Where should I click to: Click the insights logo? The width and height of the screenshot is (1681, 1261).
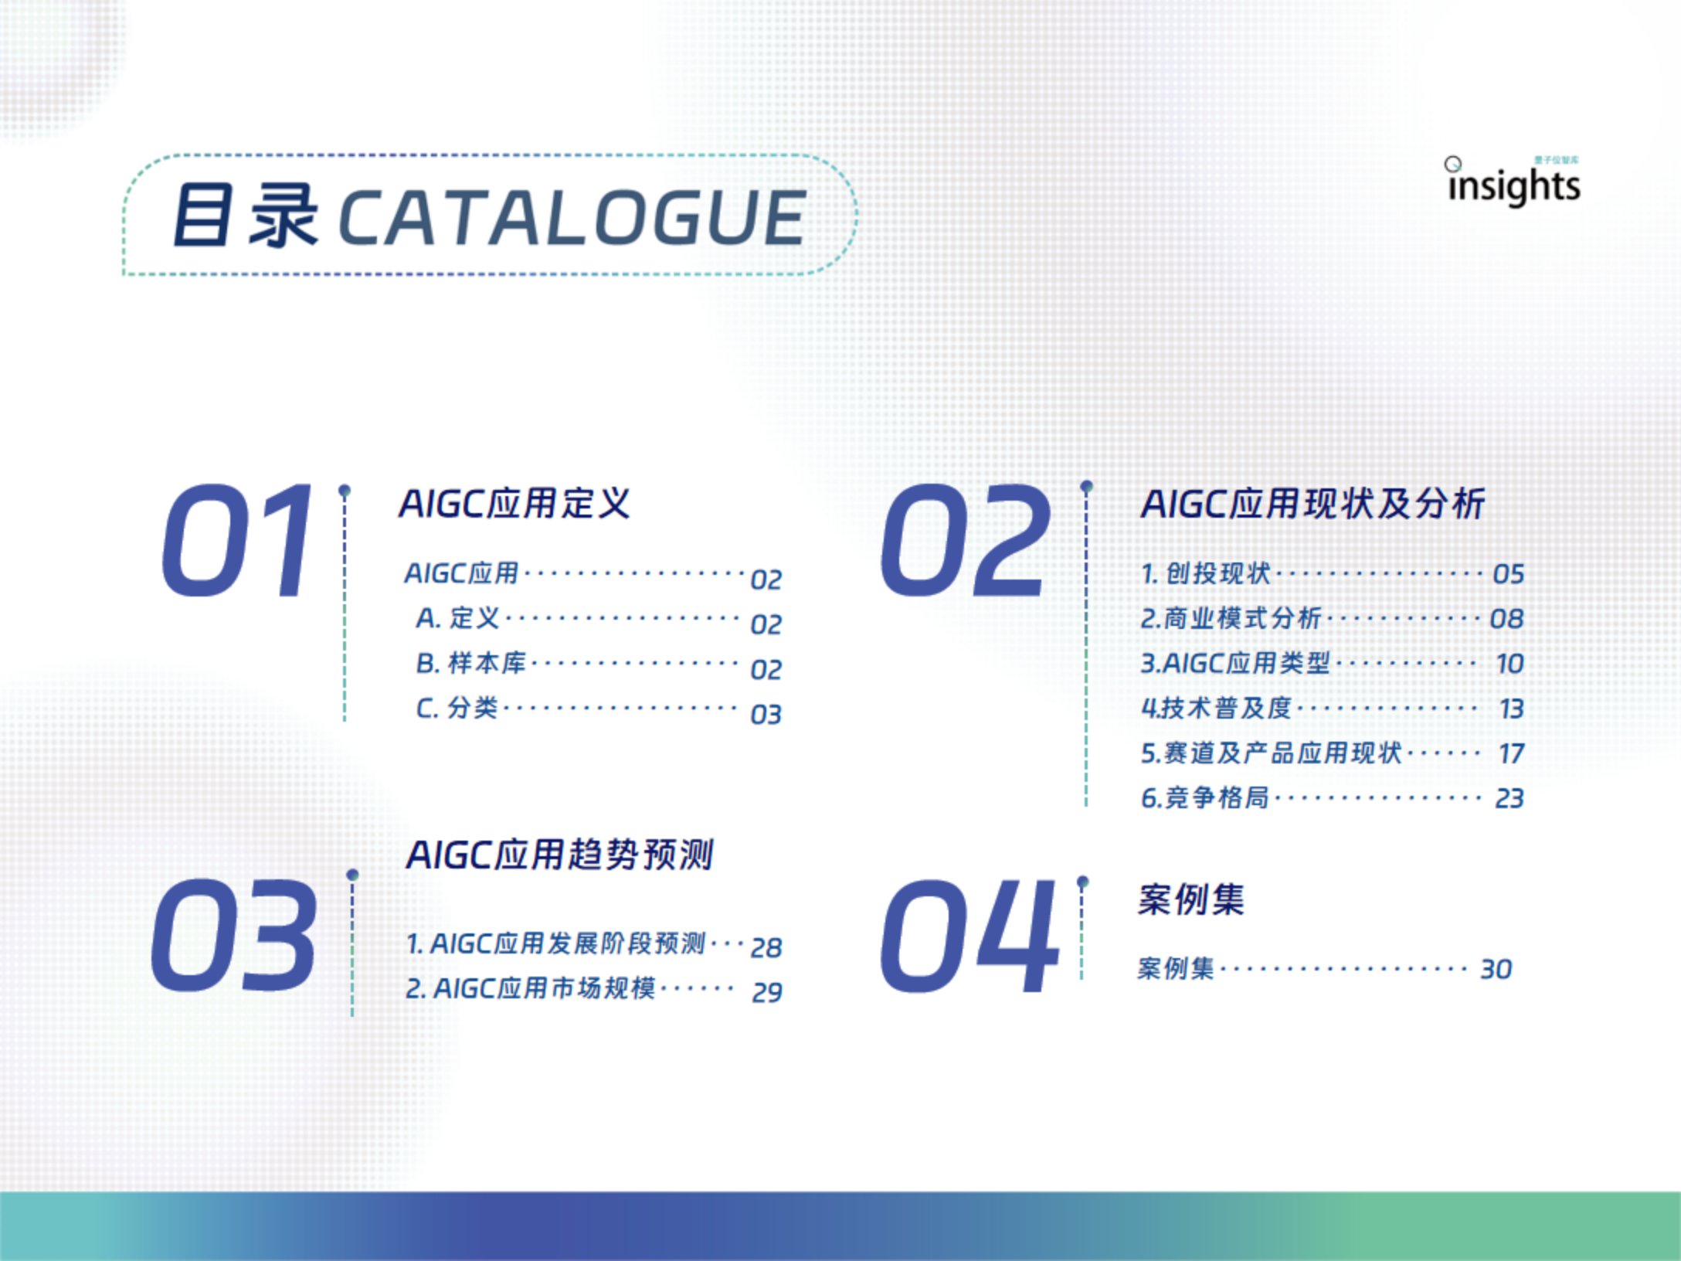[1513, 182]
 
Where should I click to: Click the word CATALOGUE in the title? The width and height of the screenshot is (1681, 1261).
[572, 219]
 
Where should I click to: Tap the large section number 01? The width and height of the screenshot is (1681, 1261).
[236, 540]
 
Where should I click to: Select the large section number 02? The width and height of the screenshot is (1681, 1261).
[965, 540]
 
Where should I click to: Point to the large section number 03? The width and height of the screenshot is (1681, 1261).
[233, 936]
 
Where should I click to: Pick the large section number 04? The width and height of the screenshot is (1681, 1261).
[969, 936]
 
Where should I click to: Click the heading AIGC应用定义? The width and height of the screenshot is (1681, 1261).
[514, 504]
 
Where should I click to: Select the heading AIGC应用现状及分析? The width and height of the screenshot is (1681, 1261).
[1313, 504]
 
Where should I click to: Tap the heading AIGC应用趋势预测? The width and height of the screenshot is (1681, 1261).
[560, 855]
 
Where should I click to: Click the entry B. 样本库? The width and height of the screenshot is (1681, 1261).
[471, 663]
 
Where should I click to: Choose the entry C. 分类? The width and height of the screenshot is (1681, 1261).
[457, 708]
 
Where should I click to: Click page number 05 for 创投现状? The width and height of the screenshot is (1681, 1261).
[1509, 574]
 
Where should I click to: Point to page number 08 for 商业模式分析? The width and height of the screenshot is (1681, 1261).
[1507, 619]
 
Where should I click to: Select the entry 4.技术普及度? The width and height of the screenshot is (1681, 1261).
[1216, 708]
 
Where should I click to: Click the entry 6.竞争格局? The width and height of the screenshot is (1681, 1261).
[1205, 797]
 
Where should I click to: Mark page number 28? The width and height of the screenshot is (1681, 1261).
[766, 947]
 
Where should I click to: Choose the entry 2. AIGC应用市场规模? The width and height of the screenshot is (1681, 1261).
[531, 988]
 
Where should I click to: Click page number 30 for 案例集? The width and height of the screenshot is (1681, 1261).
[1496, 969]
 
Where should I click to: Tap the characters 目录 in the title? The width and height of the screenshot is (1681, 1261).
[245, 217]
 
